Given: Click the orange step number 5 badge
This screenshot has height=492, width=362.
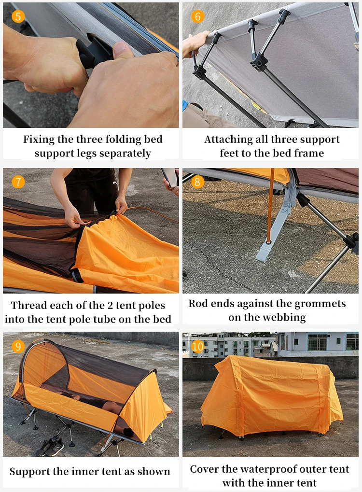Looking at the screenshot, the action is [18, 16].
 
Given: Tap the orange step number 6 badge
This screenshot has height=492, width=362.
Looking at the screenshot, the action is [197, 16].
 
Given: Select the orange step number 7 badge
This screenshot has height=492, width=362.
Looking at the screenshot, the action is [18, 182].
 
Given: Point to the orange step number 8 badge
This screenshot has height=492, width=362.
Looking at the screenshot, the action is [197, 182].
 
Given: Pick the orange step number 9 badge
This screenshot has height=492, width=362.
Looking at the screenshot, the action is [18, 346].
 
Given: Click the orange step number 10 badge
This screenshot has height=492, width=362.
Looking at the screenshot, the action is [197, 346].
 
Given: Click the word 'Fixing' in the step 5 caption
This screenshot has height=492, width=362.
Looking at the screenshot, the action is [39, 140].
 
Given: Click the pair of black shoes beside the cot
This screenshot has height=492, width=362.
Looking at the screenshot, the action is [50, 446].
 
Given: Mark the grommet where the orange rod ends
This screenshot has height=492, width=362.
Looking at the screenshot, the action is [269, 242].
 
